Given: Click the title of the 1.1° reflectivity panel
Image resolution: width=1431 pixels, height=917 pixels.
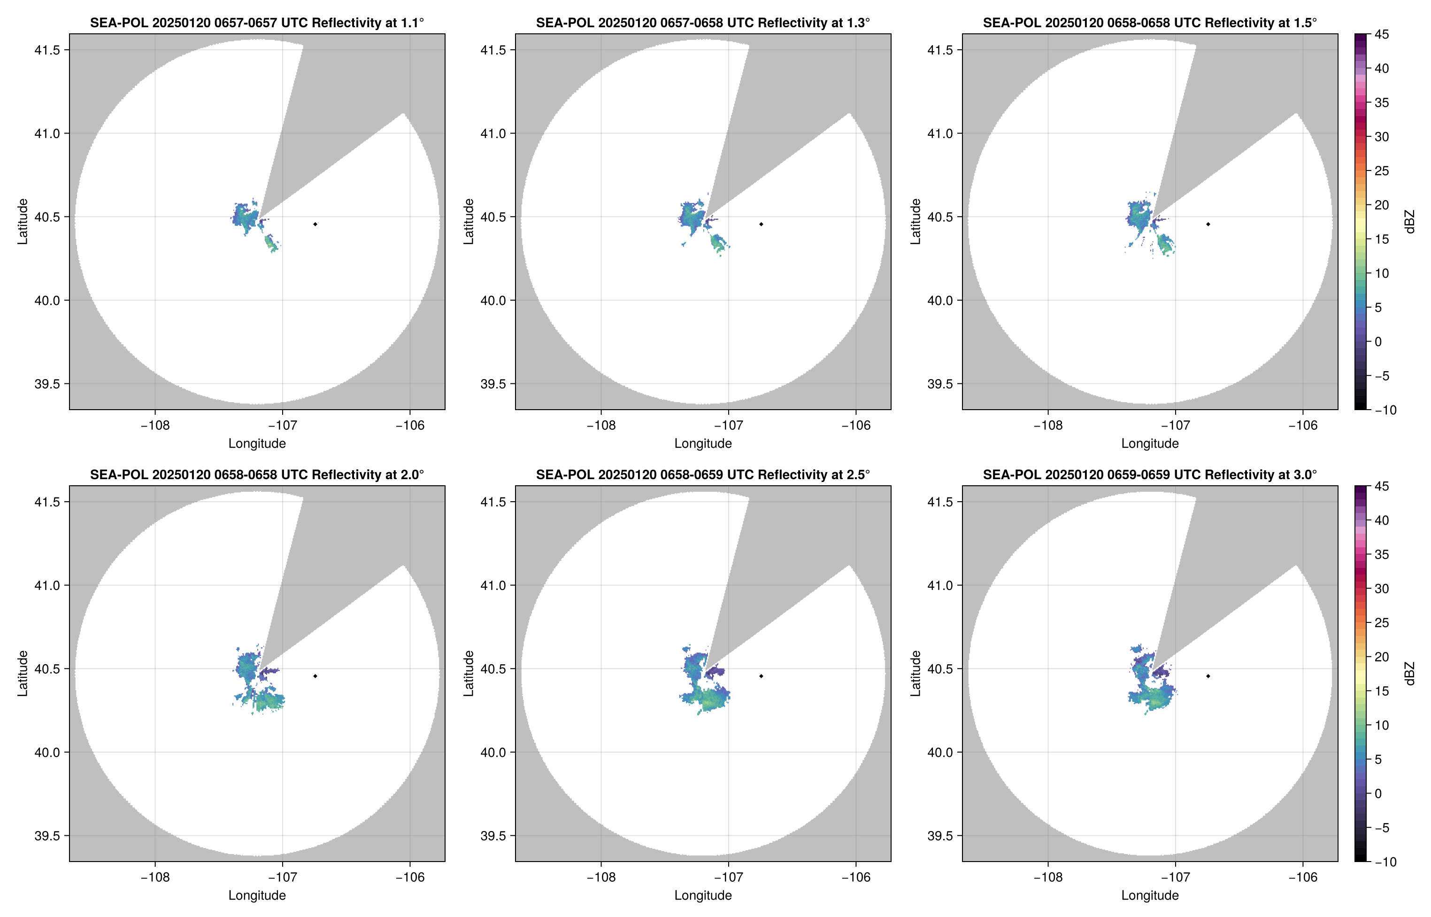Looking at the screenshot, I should (257, 23).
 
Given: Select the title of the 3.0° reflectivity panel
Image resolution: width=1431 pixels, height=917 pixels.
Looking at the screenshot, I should (1150, 474).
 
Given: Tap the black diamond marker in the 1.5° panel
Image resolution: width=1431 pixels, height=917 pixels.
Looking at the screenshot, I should (1208, 224).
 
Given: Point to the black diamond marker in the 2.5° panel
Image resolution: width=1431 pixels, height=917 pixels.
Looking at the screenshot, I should (761, 676).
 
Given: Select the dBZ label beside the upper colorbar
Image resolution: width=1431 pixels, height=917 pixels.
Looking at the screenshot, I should (1408, 222).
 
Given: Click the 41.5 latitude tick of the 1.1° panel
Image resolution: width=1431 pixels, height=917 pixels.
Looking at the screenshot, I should (47, 50).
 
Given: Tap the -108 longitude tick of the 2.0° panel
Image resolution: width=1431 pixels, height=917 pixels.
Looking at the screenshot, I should (155, 877).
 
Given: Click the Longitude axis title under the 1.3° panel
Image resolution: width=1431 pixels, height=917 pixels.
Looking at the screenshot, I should (703, 443).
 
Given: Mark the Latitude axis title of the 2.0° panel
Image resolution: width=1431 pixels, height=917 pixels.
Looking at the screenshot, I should (23, 673).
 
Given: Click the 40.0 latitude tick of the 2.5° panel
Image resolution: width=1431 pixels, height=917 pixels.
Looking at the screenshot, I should (493, 752).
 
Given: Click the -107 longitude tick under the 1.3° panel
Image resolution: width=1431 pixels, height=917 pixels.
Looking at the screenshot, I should (728, 425).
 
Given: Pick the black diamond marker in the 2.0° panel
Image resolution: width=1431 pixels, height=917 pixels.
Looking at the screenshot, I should (315, 676).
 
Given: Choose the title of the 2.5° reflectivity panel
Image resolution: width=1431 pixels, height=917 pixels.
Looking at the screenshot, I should (703, 474).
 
